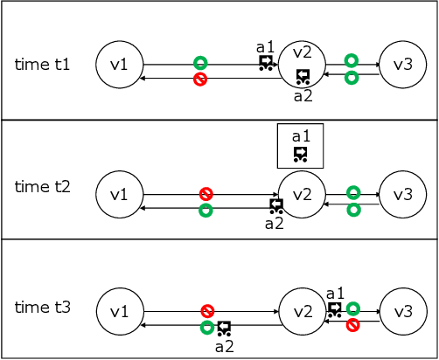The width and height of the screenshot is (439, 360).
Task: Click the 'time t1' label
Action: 42,65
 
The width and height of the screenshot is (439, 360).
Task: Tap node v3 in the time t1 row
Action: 403,65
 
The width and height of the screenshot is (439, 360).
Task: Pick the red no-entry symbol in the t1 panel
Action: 200,80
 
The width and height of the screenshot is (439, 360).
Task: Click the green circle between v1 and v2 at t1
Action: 200,63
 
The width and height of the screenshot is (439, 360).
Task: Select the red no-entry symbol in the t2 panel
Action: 206,193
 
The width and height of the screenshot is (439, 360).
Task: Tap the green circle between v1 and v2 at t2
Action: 206,211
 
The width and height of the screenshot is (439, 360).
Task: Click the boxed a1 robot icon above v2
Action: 301,154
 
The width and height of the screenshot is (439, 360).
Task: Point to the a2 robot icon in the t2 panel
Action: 276,206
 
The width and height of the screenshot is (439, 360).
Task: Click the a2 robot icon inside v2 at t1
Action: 303,76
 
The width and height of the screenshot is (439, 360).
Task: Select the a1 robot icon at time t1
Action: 266,62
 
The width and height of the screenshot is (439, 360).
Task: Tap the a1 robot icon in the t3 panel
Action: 335,309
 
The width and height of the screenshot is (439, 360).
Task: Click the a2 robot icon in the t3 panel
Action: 224,329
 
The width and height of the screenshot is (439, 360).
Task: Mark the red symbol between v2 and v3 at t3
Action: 352,325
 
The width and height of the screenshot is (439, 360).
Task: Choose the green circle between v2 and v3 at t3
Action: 352,308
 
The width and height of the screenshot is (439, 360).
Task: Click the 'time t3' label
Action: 42,308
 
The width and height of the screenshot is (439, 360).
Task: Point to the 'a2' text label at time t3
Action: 224,346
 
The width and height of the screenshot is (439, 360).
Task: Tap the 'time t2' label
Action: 42,186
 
